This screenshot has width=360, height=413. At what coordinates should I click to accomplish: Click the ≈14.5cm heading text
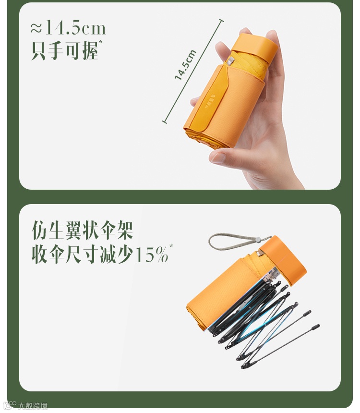(68, 28)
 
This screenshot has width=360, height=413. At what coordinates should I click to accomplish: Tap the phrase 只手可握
(64, 50)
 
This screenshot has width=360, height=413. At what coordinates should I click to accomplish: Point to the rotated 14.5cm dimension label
(185, 64)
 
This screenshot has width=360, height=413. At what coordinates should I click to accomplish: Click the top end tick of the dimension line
(221, 21)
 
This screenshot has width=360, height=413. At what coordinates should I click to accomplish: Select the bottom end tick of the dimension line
(164, 121)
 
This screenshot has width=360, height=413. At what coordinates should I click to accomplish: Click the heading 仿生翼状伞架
(82, 231)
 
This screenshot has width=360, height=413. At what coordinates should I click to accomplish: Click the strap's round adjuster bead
(258, 240)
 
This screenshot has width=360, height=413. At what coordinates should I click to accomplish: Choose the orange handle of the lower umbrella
(284, 260)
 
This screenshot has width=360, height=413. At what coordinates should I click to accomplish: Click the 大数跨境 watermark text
(33, 406)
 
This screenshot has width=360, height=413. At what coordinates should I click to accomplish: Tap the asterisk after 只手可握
(101, 42)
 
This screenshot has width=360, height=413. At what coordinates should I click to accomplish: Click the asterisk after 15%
(171, 245)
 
